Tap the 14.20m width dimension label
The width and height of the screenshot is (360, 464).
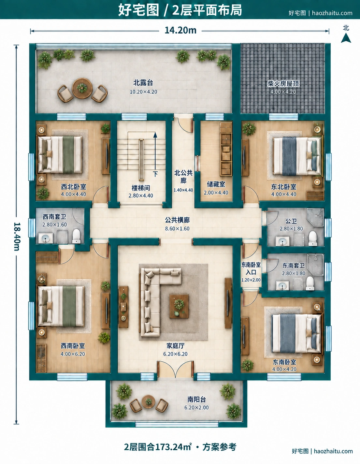[180, 31]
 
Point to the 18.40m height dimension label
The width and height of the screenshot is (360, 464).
[17, 237]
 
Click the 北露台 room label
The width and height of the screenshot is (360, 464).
[143, 83]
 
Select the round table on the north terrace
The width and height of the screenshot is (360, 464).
[82, 88]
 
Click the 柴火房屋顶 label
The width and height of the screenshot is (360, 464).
[283, 84]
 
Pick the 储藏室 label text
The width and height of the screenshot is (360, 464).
[216, 184]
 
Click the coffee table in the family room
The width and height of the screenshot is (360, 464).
[179, 306]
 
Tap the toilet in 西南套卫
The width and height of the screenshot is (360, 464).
[76, 236]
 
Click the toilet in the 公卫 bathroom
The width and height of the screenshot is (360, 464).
[313, 238]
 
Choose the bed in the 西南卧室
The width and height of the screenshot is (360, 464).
[61, 306]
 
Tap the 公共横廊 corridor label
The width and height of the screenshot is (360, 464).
[177, 220]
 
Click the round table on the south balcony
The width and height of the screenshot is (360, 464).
[148, 402]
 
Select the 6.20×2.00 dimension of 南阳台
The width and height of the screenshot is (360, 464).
[196, 407]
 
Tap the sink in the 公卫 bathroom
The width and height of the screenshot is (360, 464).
[282, 241]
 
